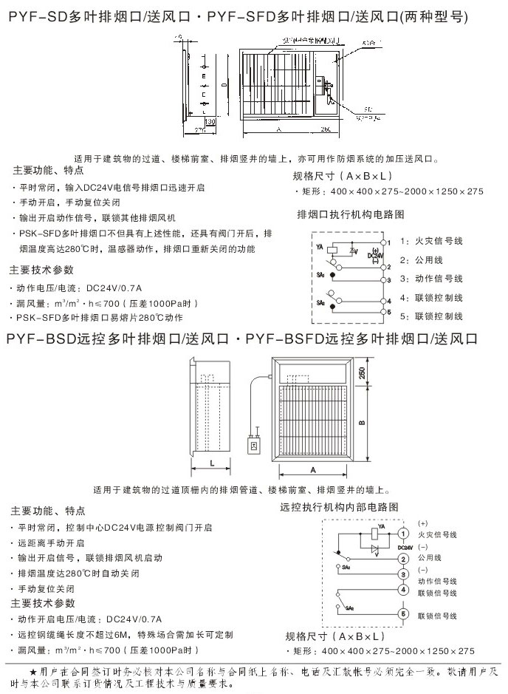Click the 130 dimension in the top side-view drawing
210,120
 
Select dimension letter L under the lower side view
212,463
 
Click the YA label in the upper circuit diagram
319,244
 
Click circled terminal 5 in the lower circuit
403,613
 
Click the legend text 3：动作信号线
431,279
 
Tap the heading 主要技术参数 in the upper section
41,271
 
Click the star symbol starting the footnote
32,671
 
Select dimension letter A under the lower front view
312,470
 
